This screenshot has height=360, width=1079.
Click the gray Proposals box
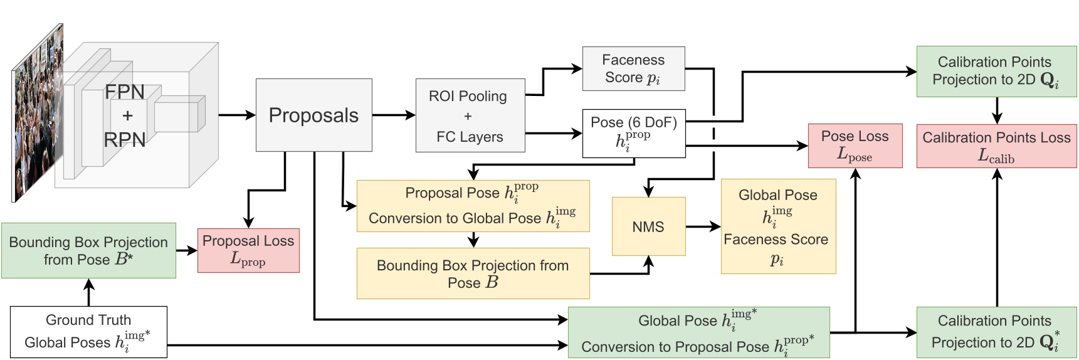coord(313,115)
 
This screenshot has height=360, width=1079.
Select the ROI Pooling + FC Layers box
coord(470,115)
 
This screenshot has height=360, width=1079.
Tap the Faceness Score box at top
coord(633,68)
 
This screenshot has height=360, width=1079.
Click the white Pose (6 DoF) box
coord(633,134)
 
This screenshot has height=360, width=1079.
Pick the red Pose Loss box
coord(855,146)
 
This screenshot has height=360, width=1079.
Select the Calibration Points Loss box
coord(996,146)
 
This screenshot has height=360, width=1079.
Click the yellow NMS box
coord(648,226)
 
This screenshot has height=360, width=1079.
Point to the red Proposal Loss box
coord(248,250)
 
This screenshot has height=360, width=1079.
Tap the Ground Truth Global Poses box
coord(88,332)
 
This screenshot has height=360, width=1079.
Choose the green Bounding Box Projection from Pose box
coord(88,250)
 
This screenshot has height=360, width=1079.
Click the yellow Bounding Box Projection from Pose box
coord(473,273)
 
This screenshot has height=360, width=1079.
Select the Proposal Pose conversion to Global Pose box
coord(473,206)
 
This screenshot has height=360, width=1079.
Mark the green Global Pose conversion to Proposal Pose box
coord(698,332)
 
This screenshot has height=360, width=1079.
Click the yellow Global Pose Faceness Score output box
coord(777,226)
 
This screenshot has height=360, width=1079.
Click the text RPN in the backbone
coord(125,139)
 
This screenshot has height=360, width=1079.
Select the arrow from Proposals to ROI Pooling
coord(394,115)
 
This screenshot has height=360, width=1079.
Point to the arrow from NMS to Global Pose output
coord(703,226)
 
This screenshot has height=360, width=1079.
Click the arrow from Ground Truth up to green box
coord(88,292)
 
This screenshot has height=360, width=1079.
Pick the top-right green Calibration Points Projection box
coord(996,71)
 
